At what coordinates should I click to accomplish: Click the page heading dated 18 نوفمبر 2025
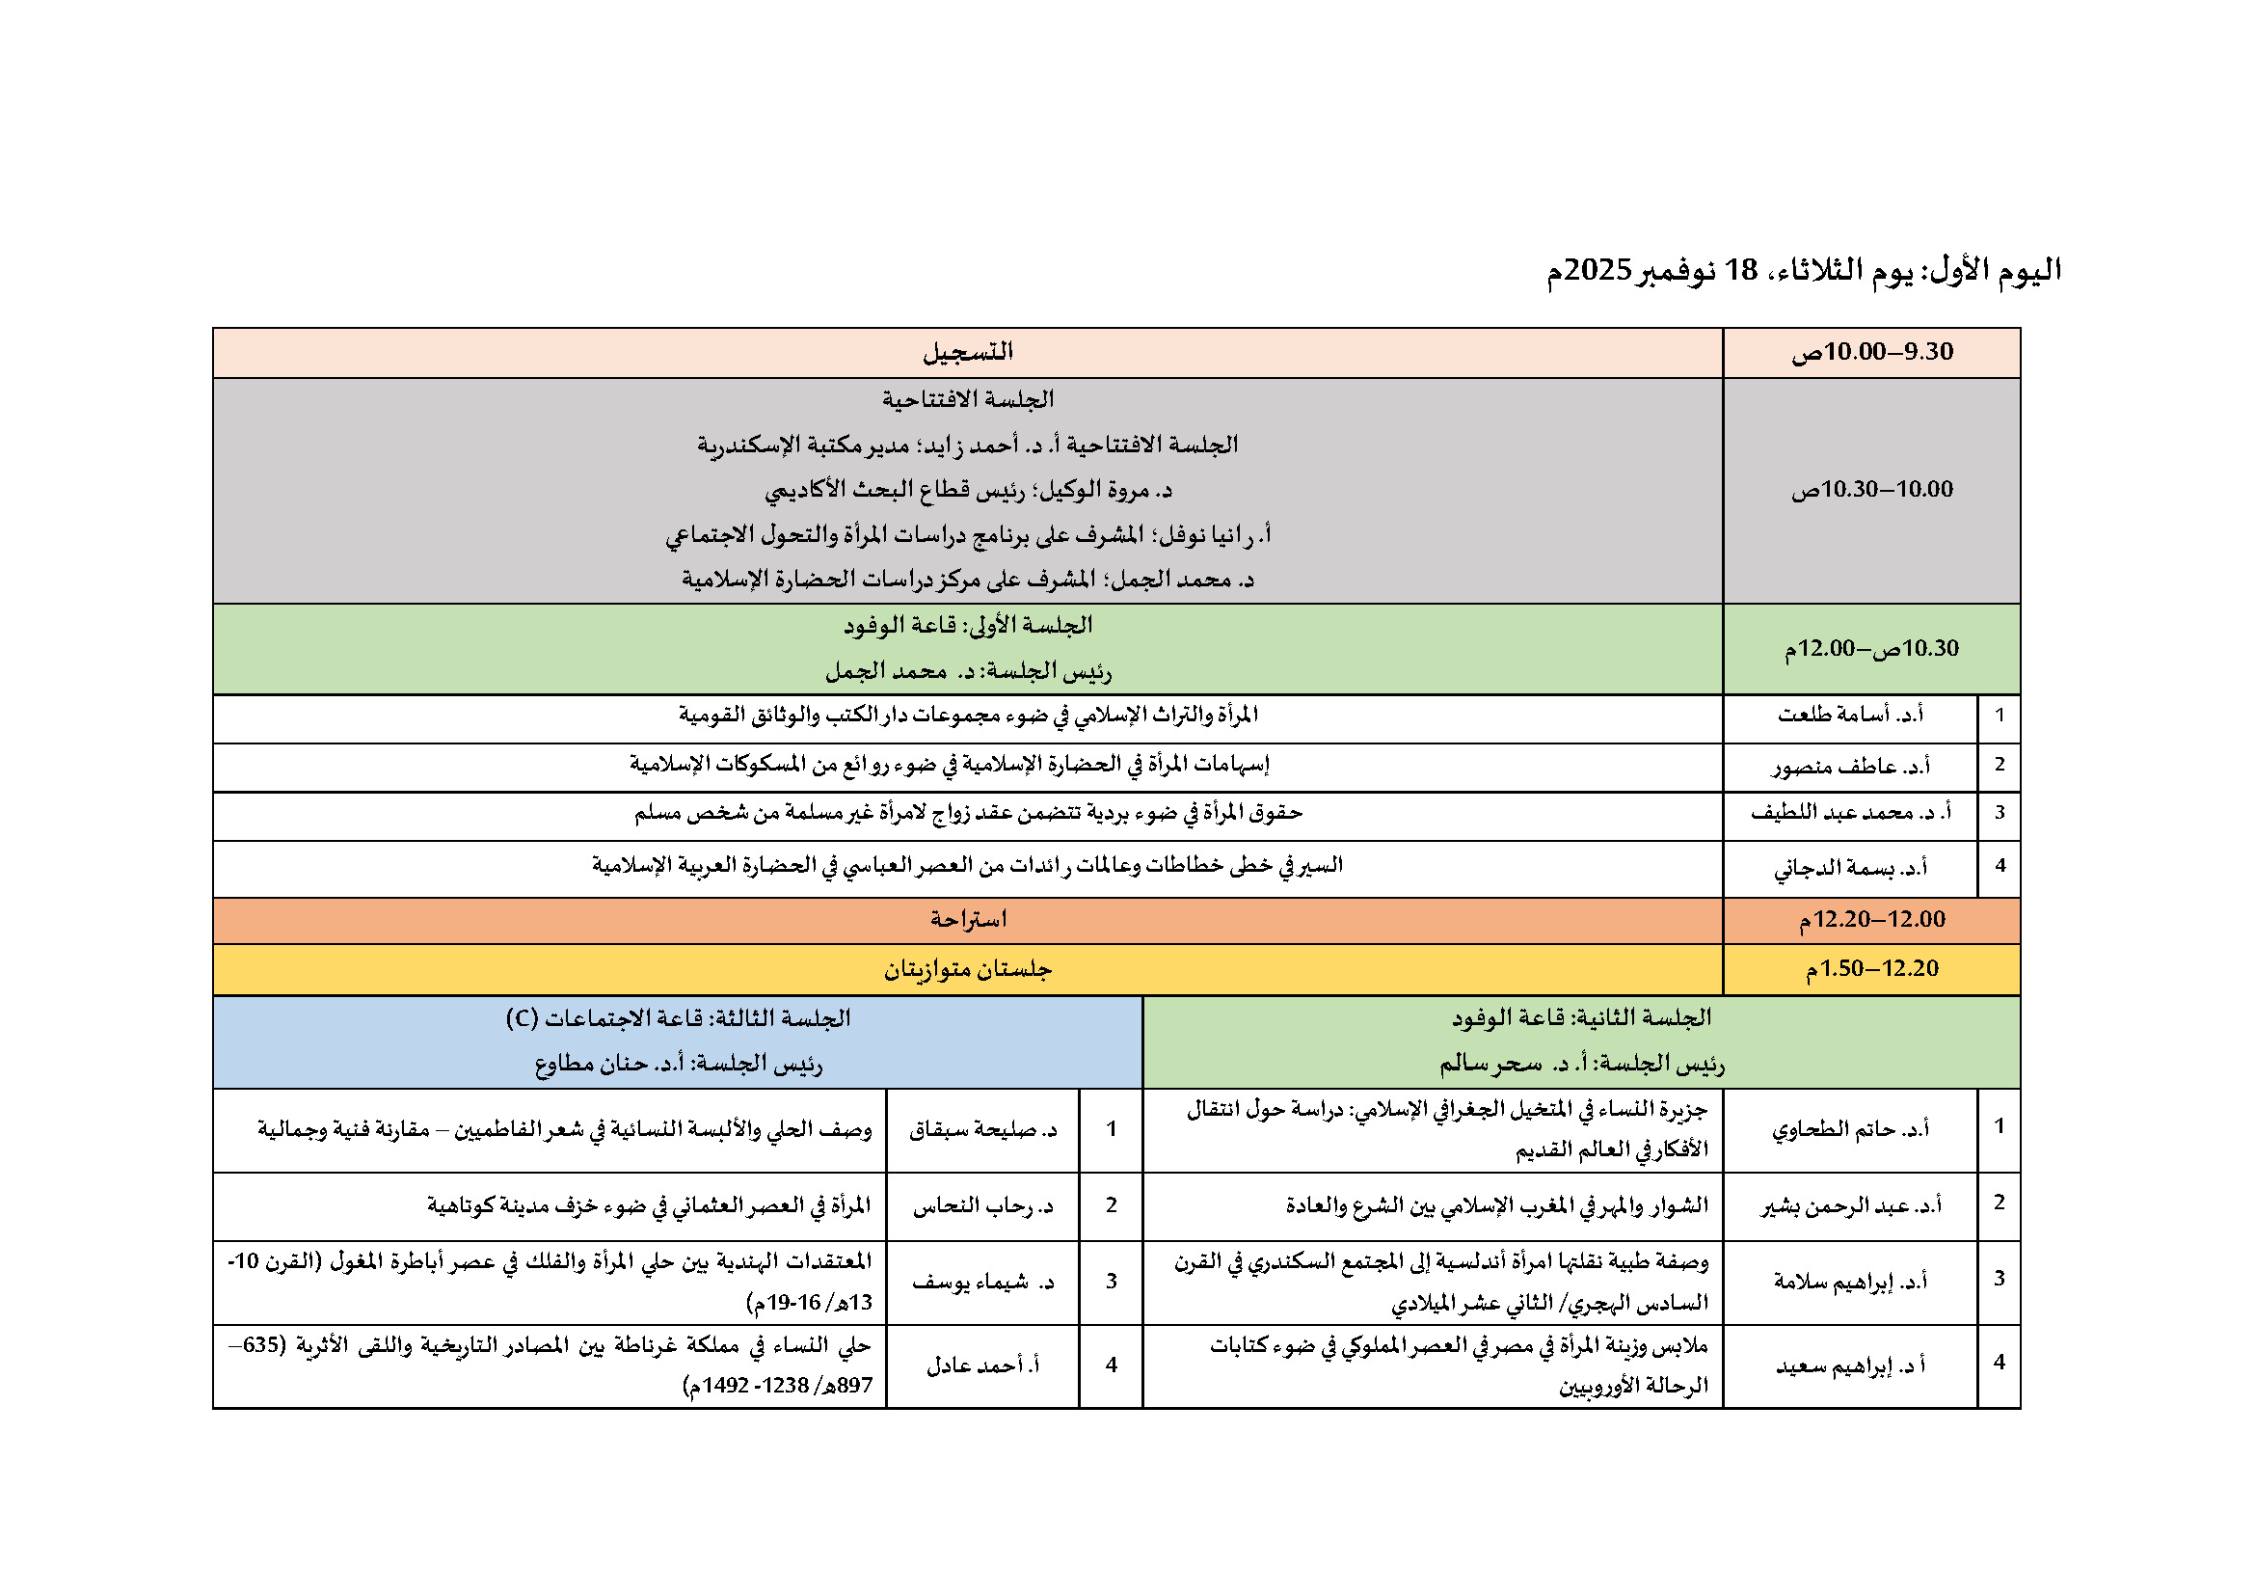[x=1803, y=270]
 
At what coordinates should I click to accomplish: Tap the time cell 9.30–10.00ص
[x=1872, y=352]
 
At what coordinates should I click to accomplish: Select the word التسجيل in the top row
[x=967, y=352]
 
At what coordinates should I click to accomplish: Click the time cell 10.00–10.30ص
[x=1872, y=489]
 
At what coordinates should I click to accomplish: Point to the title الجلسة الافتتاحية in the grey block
[x=967, y=400]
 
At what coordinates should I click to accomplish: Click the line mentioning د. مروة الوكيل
[x=967, y=489]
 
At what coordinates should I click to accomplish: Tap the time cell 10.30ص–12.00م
[x=1872, y=648]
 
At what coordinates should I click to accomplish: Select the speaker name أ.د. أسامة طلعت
[x=1850, y=715]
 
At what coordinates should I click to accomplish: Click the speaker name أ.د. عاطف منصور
[x=1850, y=766]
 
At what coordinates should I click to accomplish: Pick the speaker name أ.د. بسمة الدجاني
[x=1850, y=867]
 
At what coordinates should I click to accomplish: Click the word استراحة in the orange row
[x=967, y=919]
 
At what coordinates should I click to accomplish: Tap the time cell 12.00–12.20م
[x=1872, y=919]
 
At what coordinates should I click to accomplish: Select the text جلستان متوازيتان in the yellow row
[x=967, y=969]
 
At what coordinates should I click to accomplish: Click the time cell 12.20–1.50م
[x=1872, y=968]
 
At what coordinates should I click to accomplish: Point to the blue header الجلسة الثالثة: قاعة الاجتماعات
[x=678, y=1018]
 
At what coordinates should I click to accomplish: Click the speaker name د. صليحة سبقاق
[x=982, y=1129]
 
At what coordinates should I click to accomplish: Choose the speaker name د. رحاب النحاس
[x=982, y=1206]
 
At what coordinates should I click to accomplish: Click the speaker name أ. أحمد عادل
[x=982, y=1365]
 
